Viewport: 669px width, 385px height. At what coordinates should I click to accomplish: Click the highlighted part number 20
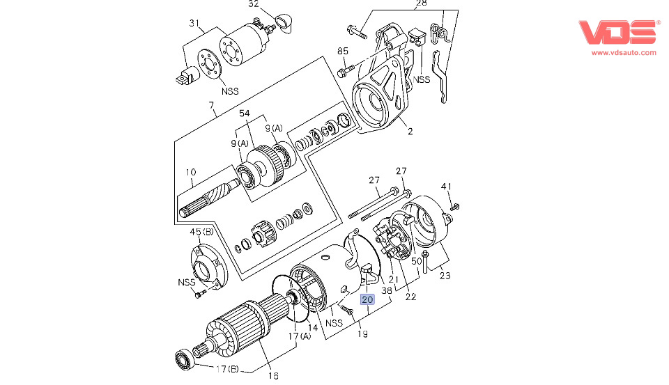pos(367,299)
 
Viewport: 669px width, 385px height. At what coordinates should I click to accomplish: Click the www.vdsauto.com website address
pos(624,52)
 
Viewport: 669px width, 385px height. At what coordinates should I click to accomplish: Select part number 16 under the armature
pos(273,375)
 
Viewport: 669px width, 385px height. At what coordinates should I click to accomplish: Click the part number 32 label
pos(254,3)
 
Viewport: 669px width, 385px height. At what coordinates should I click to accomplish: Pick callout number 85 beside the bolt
pos(342,51)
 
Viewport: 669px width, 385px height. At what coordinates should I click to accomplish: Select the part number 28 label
pos(421,3)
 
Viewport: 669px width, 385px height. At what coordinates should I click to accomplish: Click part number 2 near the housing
pos(410,132)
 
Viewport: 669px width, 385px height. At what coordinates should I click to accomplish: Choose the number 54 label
pos(245,113)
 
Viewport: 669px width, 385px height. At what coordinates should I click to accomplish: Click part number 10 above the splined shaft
pos(190,171)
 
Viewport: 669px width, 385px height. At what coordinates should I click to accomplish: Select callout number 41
pos(447,186)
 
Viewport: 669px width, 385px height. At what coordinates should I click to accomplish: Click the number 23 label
pos(444,275)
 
